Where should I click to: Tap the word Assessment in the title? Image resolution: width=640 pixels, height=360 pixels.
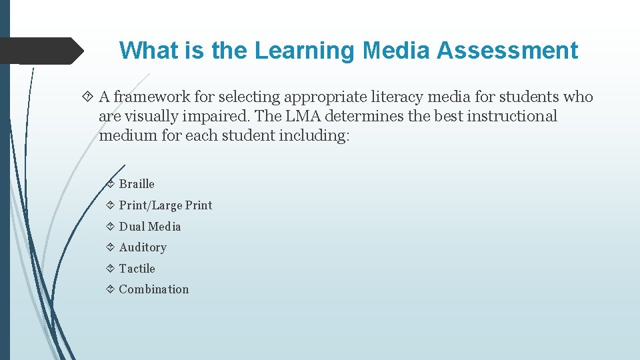[507, 51]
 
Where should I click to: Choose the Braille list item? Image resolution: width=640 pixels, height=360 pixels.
[137, 184]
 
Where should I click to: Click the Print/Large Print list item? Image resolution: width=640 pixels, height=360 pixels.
[165, 205]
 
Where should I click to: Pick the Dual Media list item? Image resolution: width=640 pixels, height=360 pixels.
[150, 227]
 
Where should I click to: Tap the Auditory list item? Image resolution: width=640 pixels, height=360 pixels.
[143, 247]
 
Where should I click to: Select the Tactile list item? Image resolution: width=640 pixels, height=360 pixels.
[137, 269]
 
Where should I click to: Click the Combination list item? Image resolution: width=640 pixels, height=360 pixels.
[154, 289]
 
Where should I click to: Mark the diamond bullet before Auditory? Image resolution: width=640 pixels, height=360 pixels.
[110, 247]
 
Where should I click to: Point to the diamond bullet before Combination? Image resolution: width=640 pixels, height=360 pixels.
[110, 289]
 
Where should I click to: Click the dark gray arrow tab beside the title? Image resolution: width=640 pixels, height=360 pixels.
[40, 51]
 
